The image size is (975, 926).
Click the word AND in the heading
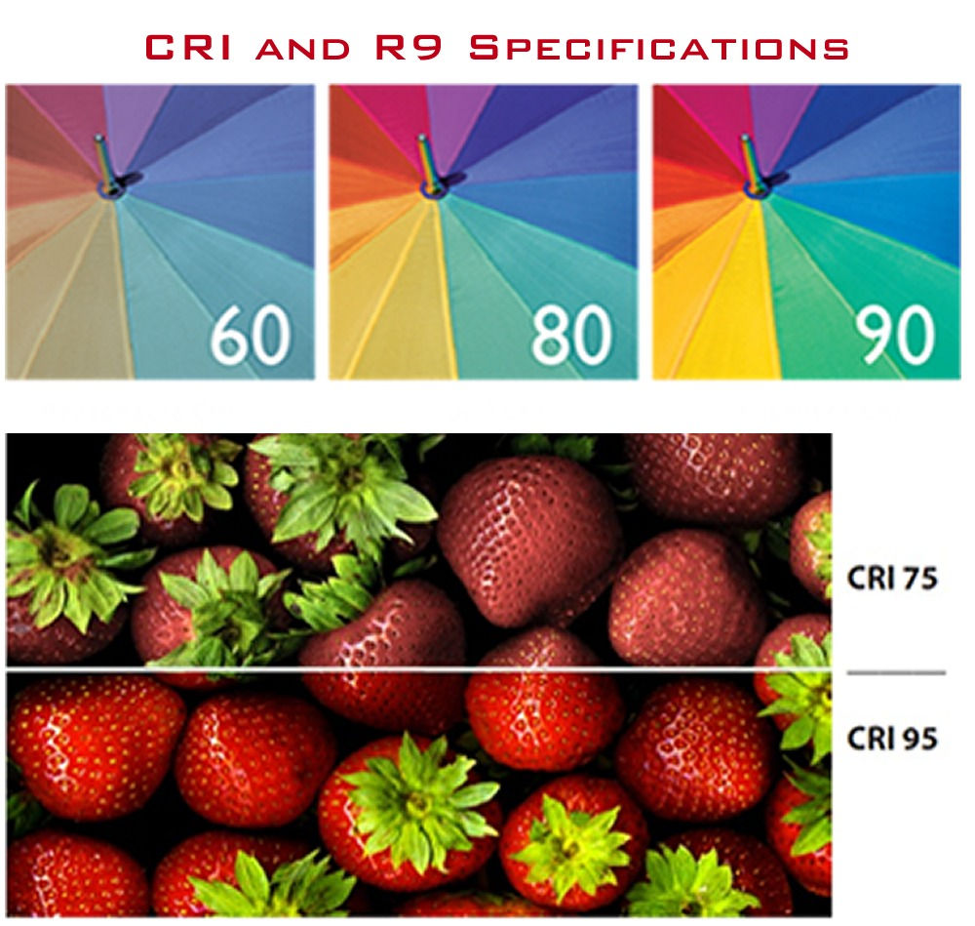tap(303, 49)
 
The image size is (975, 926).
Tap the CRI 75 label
tap(891, 578)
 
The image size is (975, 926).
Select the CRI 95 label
tap(891, 738)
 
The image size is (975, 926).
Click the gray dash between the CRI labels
tap(895, 672)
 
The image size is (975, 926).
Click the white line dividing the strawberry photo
tap(419, 668)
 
